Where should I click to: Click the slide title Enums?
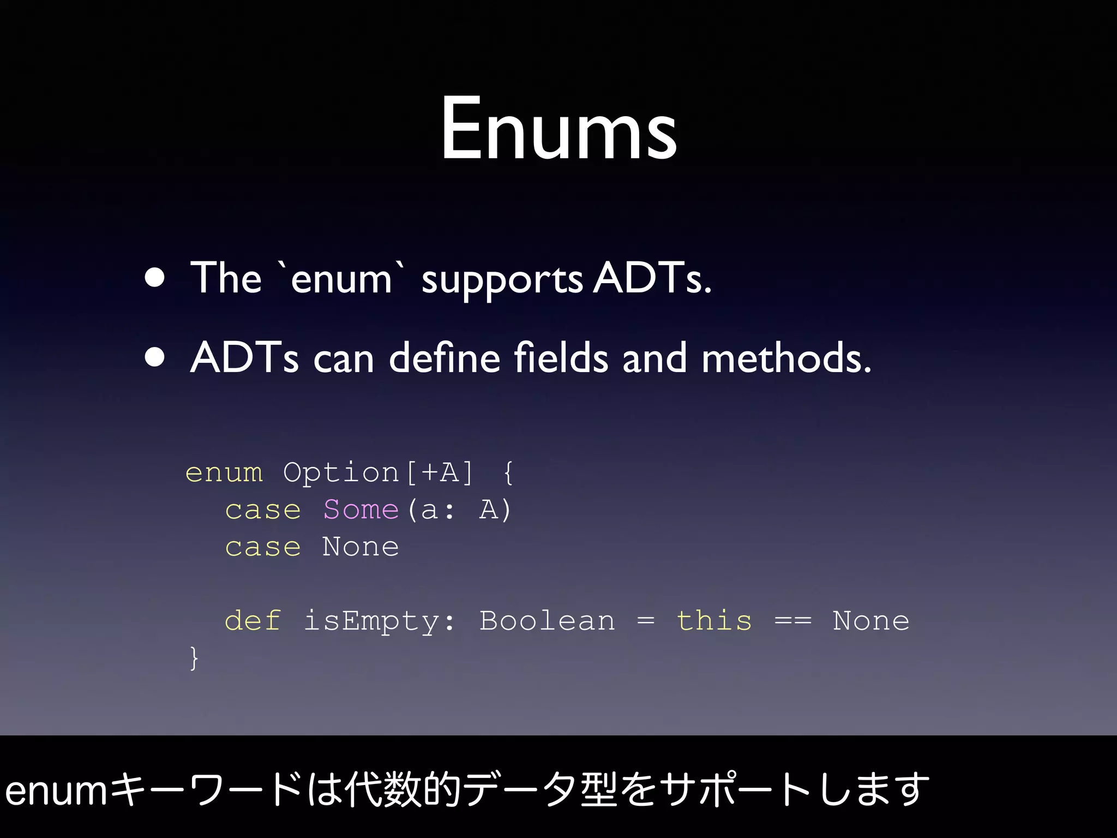click(x=558, y=129)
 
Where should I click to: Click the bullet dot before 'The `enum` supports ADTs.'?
click(x=155, y=277)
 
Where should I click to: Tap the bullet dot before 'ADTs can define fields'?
click(x=155, y=357)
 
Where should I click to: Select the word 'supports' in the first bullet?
click(x=502, y=279)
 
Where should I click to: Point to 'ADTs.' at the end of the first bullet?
click(x=652, y=277)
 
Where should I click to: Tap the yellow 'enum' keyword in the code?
click(x=224, y=472)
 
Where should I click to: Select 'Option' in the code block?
click(x=341, y=472)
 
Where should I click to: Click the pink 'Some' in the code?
click(x=361, y=510)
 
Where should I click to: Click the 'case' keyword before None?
click(x=262, y=547)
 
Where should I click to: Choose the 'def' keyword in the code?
click(x=253, y=621)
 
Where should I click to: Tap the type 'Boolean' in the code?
click(x=547, y=621)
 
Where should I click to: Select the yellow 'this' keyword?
click(x=714, y=621)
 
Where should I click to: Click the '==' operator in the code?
click(x=792, y=621)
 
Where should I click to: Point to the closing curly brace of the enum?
click(x=194, y=658)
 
